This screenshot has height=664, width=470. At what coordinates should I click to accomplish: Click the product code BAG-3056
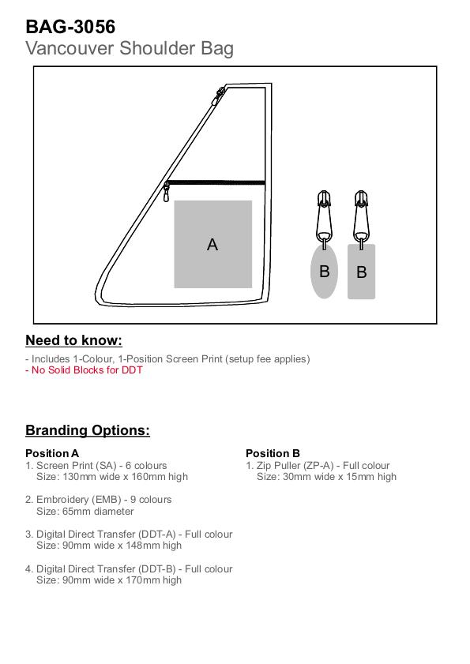(70, 27)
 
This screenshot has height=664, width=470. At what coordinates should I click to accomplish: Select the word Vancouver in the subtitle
(70, 48)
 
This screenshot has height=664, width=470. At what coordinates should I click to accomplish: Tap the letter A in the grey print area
(212, 245)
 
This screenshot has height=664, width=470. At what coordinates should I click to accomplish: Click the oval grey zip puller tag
(324, 271)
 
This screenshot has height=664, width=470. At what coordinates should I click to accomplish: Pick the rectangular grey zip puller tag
(362, 272)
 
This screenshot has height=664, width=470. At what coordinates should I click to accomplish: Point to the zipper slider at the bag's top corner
(220, 95)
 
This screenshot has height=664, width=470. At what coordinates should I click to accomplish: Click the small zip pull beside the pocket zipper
(166, 192)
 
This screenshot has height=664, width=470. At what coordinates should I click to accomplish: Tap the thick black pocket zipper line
(216, 183)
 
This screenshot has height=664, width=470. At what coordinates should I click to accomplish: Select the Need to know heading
(73, 340)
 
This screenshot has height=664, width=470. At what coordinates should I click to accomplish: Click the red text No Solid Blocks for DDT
(84, 370)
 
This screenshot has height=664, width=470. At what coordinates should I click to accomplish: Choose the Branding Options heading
(88, 430)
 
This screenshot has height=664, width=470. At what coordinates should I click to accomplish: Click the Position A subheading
(52, 453)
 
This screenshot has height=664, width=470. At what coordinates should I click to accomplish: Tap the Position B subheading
(273, 453)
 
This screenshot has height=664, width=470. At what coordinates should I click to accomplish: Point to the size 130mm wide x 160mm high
(125, 477)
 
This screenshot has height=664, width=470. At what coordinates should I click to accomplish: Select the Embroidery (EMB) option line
(98, 500)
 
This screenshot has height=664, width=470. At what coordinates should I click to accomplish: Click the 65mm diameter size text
(98, 512)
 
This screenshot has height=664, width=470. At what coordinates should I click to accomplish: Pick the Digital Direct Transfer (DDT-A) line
(129, 535)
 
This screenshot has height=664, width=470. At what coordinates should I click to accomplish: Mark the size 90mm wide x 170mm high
(122, 580)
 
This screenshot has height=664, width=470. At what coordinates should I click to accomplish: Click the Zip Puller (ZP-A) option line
(318, 466)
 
